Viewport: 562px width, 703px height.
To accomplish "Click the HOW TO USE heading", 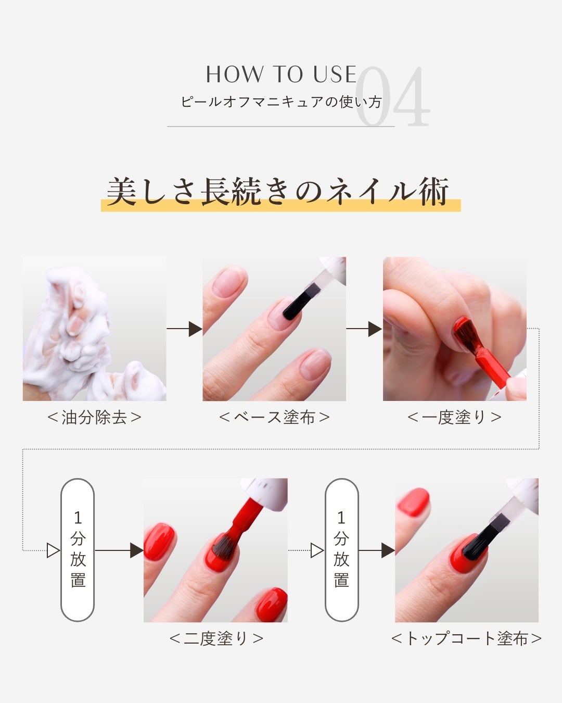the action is (281, 74).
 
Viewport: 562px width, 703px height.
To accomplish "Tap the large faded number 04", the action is (392, 96).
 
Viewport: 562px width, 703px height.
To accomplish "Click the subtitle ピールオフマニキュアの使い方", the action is (281, 102).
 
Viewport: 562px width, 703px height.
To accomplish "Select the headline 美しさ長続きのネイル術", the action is (278, 192).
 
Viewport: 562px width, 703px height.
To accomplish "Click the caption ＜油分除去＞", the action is (94, 418).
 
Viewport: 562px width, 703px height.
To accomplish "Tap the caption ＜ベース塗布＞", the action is (274, 418).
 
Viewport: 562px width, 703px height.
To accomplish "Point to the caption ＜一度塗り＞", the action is (454, 418).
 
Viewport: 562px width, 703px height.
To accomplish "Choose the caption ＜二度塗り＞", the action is (216, 638).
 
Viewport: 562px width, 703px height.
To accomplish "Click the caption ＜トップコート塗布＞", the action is (467, 638).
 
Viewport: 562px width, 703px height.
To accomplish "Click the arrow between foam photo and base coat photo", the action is (185, 329).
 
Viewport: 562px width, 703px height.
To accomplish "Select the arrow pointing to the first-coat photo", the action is (364, 329).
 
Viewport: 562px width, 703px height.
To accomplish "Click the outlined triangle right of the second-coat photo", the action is (317, 550).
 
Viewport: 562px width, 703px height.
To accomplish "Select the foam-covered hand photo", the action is (94, 329).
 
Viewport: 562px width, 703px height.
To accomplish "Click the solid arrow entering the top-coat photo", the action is (377, 550).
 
